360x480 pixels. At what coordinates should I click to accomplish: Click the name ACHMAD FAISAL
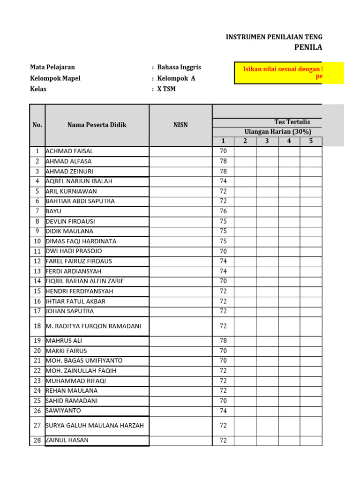(69, 151)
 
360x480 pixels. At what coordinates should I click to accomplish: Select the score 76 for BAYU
(223, 211)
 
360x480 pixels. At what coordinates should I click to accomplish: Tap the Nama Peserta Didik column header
(97, 125)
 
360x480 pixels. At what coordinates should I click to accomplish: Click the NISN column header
(180, 125)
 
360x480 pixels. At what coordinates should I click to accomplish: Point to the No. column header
(37, 125)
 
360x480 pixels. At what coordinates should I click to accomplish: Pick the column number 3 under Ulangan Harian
(267, 141)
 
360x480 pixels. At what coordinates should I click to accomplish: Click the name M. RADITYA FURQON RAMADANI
(93, 326)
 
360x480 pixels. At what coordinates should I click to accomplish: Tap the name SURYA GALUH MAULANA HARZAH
(95, 426)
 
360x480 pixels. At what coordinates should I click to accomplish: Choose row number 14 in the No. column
(37, 281)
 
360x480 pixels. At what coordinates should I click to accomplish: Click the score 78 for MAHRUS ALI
(223, 341)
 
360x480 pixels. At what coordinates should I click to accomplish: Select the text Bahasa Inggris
(179, 67)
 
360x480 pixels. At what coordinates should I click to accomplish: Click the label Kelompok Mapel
(55, 78)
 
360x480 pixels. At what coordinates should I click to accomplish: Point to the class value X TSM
(166, 89)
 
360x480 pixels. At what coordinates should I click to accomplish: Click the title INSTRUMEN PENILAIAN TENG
(274, 37)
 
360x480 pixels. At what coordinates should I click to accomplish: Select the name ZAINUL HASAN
(67, 440)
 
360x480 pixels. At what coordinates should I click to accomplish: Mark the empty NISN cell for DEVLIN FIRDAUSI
(180, 221)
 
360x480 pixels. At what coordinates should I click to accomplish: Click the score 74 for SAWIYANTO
(223, 411)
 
